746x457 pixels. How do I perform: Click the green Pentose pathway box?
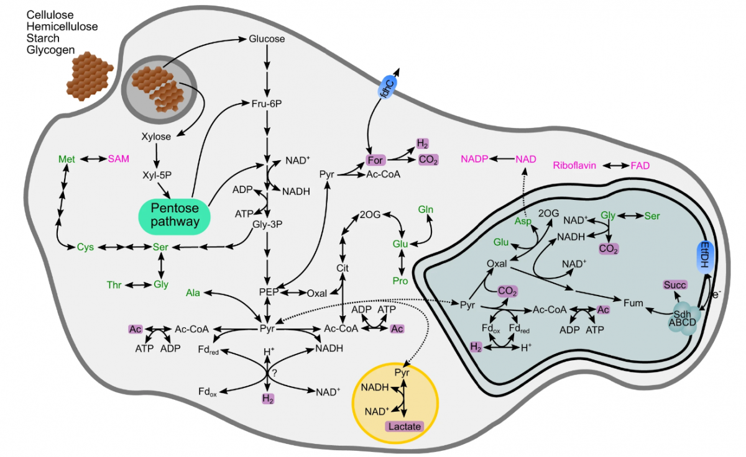pos(173,214)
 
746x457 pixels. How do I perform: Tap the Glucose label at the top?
pos(267,39)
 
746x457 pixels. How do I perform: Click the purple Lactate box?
pos(405,427)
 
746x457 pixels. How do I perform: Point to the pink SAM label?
pos(119,159)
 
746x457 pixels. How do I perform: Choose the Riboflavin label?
pos(574,166)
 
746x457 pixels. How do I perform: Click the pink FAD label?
pos(641,166)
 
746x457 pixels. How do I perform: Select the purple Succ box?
pos(675,285)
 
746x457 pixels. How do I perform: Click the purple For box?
pos(375,160)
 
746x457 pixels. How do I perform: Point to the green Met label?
pos(67,160)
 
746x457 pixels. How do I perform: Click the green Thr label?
pos(114,285)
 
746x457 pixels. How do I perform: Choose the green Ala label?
pos(193,292)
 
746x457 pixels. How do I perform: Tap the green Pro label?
pos(401,281)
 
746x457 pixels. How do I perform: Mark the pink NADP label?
pos(474,160)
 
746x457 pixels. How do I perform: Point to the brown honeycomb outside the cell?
pos(90,74)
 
